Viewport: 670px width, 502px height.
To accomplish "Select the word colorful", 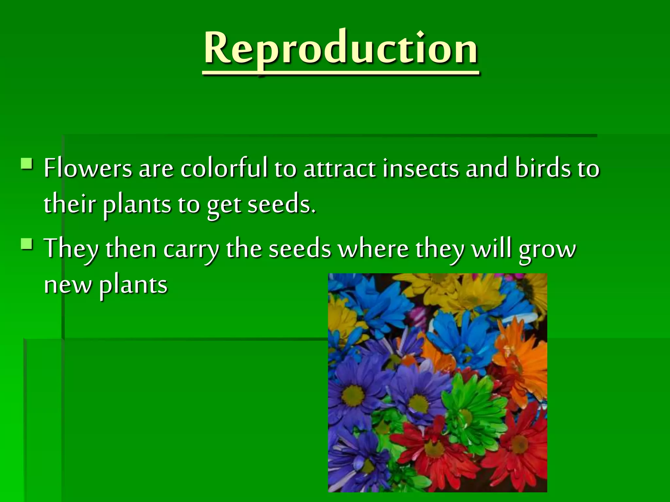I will click(224, 168).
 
